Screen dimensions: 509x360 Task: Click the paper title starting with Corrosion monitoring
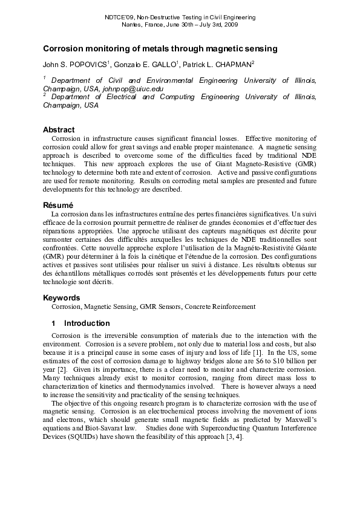coord(160,48)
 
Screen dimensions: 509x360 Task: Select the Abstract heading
coord(59,129)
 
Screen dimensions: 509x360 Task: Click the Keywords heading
coord(61,297)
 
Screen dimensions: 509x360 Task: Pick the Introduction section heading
coord(87,323)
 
